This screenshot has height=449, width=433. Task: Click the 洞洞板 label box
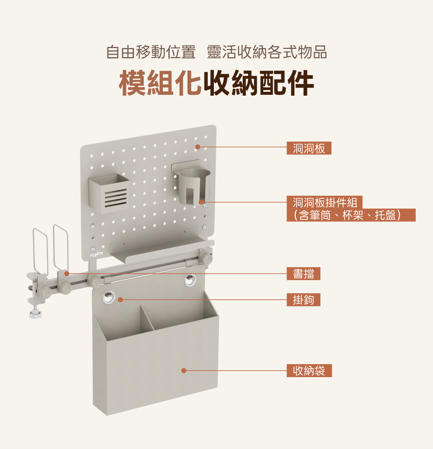309,148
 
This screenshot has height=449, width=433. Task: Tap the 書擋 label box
303,274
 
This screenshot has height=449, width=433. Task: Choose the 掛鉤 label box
303,300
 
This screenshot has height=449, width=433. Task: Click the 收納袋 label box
309,371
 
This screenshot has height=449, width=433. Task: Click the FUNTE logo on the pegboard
97,255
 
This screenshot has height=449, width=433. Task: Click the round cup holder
194,186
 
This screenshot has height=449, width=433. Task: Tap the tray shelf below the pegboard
160,250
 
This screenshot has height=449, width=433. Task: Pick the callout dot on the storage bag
184,371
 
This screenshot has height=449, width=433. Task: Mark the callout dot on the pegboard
197,147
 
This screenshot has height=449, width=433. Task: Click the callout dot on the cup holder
201,202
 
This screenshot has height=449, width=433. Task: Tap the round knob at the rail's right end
207,258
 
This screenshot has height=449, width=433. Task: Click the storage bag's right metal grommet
190,280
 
